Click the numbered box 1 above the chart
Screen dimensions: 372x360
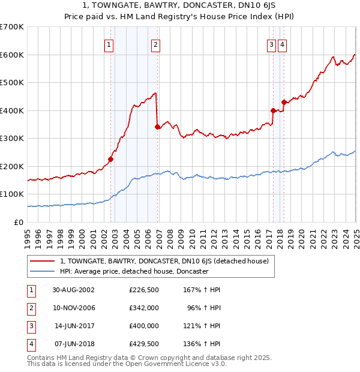click(109, 44)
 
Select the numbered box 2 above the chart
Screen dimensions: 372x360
click(155, 44)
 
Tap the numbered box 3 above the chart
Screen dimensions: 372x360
click(271, 44)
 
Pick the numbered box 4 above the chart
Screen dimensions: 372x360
click(282, 44)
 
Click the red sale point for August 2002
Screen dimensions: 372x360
click(111, 160)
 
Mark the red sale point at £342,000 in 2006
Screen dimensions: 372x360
click(157, 127)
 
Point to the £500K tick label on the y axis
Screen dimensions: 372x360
click(12, 82)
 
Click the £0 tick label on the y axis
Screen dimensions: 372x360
click(18, 222)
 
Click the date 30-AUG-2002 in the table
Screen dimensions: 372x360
click(73, 290)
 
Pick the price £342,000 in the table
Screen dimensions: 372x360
click(144, 308)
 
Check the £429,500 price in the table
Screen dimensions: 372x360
click(144, 344)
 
